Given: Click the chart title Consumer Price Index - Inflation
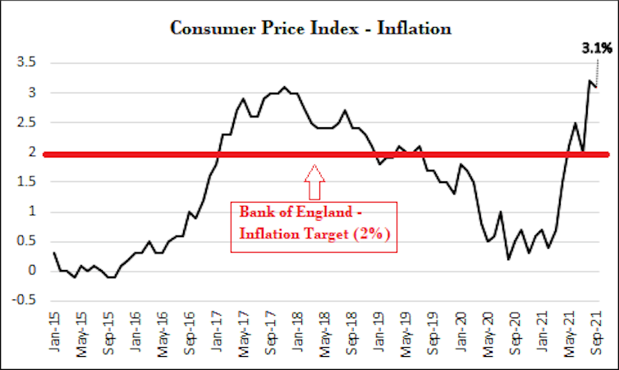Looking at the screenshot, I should (x=310, y=29).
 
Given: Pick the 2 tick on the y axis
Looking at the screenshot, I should (x=32, y=153).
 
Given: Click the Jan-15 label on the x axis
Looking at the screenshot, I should (x=54, y=332).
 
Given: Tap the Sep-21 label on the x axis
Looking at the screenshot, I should (x=596, y=332).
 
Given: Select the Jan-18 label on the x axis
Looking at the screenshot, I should (x=298, y=332).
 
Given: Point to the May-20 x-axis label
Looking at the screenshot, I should (x=488, y=332).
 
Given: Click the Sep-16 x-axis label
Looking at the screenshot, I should (x=190, y=332).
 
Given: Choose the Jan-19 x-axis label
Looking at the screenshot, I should (x=379, y=332).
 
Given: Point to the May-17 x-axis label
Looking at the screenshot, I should (x=244, y=332).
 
